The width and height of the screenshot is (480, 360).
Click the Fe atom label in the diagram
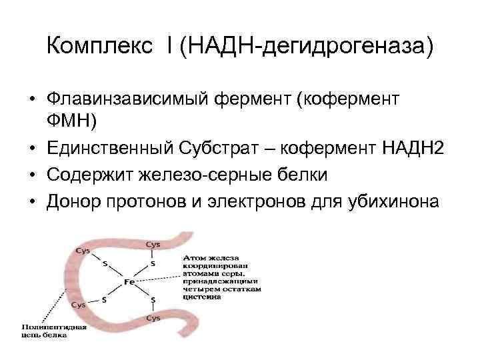pyautogui.click(x=129, y=283)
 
